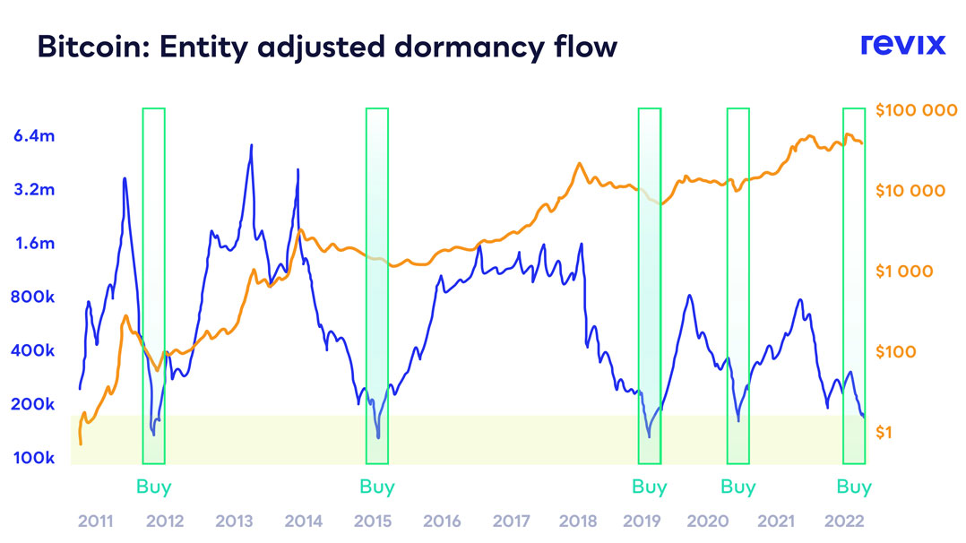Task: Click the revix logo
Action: tap(902, 44)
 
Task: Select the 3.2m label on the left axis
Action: tap(36, 190)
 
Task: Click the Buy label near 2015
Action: tap(377, 487)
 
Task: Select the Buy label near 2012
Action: tap(154, 487)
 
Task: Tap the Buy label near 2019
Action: tap(650, 487)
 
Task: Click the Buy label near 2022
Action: tap(854, 487)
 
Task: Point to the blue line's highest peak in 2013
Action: tap(251, 145)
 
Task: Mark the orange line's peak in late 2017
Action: tap(580, 164)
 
